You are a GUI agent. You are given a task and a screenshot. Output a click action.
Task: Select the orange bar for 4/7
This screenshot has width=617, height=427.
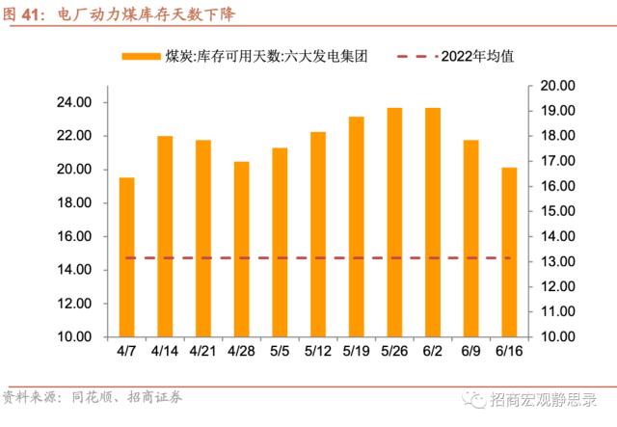point(126,257)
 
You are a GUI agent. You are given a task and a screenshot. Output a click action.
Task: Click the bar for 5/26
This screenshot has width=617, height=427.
point(394,222)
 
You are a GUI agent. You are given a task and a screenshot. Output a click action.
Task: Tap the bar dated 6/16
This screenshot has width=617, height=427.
point(509,253)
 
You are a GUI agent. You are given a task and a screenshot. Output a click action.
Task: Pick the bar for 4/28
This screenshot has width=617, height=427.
point(241,249)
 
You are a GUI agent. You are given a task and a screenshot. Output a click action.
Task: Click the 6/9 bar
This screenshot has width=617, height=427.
point(470,238)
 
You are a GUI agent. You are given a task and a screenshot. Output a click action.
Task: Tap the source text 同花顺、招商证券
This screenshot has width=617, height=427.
point(126,397)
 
